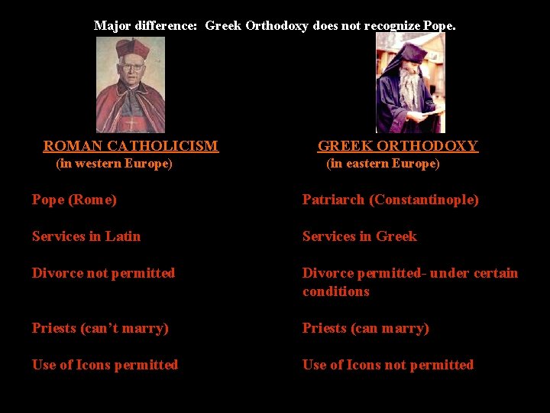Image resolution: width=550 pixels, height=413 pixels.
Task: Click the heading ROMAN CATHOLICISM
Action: (x=131, y=146)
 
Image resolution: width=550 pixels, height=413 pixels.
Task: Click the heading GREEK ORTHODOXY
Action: (x=397, y=146)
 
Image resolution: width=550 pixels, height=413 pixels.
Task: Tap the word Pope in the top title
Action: (x=438, y=26)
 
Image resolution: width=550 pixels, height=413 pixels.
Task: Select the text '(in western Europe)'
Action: (x=115, y=164)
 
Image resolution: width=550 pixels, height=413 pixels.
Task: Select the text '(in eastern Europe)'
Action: (x=383, y=164)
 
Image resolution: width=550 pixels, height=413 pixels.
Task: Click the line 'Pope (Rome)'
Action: (x=74, y=200)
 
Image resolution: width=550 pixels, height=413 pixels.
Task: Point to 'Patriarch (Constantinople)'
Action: (x=390, y=200)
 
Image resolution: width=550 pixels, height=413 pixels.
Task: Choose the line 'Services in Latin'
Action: (x=86, y=236)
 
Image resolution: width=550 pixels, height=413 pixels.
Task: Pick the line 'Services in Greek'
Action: (x=359, y=236)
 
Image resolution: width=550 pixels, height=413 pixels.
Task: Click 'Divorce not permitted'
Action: (x=103, y=273)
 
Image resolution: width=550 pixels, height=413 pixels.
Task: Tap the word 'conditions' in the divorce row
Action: (x=335, y=291)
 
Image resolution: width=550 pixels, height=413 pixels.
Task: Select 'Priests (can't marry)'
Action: (x=100, y=328)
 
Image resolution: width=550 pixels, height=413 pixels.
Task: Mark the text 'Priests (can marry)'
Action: (x=365, y=328)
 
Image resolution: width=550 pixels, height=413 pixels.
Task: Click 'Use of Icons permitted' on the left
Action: (x=105, y=365)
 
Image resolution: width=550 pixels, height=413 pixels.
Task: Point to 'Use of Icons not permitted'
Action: (x=387, y=365)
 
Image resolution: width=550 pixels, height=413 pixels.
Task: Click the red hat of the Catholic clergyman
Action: (x=131, y=50)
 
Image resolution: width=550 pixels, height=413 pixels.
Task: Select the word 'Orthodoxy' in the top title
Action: (x=277, y=26)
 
